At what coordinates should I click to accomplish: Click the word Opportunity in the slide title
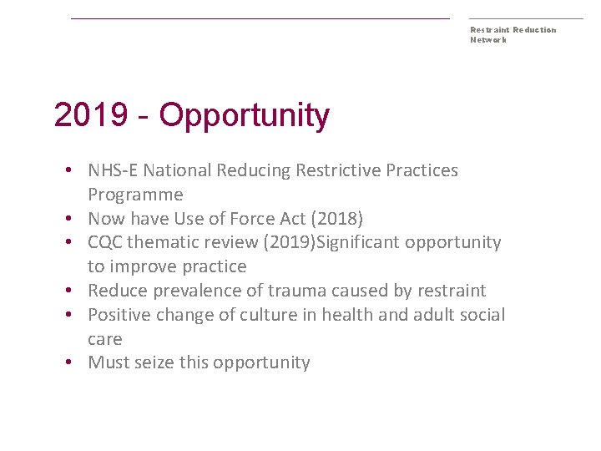point(245,116)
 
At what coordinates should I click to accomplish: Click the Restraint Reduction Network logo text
point(513,34)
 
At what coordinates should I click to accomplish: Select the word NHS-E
point(113,170)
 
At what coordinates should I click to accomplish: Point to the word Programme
point(135,195)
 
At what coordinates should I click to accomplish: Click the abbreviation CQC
point(105,243)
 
